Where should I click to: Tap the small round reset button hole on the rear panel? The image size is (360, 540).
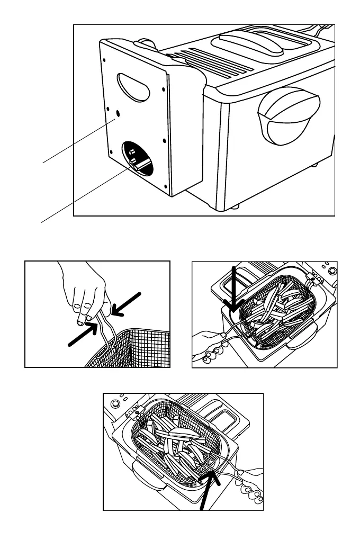pos(118,113)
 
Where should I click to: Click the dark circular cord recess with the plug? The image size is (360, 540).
pos(136,158)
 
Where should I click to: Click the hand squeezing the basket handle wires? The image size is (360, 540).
pos(85,291)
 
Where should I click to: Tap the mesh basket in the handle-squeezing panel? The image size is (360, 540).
pos(135,349)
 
